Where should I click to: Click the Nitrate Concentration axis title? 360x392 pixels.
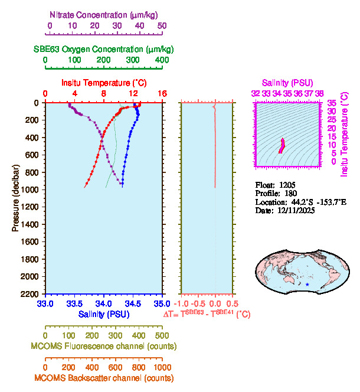click(x=104, y=14)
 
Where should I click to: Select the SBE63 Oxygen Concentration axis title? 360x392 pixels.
click(x=103, y=49)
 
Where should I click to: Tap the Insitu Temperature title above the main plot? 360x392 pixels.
click(x=103, y=83)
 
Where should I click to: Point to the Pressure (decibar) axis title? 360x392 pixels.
click(x=15, y=198)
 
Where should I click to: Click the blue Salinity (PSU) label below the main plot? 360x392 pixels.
click(x=104, y=314)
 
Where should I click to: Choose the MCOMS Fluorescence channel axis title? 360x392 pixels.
click(x=104, y=346)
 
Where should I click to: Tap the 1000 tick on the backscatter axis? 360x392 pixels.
click(x=160, y=367)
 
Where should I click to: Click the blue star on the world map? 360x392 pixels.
click(x=307, y=285)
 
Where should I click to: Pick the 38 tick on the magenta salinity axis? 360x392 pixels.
click(x=319, y=93)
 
